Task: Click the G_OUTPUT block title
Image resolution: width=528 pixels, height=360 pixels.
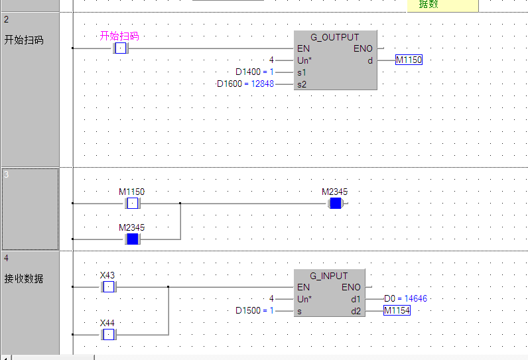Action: point(334,37)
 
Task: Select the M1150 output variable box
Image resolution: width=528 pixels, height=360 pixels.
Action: point(409,60)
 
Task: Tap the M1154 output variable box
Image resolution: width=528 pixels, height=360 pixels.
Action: point(397,310)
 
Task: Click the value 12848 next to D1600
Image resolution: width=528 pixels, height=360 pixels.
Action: point(262,84)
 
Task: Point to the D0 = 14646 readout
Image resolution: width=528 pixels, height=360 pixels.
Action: point(405,299)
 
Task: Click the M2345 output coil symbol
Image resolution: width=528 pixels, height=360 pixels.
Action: point(335,203)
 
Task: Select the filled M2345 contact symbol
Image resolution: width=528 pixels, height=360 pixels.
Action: point(132,239)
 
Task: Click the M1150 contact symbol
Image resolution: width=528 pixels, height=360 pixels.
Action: point(132,203)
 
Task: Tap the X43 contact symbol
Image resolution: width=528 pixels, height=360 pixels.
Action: point(107,287)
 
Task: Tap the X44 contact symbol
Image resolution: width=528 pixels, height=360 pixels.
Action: point(107,335)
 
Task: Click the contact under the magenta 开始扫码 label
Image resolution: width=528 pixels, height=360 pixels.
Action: point(120,48)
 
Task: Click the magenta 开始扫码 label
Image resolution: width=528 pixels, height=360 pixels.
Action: point(119,36)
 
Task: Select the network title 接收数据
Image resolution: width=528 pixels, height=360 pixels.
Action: point(24,279)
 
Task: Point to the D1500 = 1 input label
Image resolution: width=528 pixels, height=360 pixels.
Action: point(255,310)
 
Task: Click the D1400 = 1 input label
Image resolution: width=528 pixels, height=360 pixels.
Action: point(255,72)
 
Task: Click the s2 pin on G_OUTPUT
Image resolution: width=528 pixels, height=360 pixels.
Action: point(302,84)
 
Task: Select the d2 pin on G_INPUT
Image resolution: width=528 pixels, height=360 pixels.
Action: point(356,310)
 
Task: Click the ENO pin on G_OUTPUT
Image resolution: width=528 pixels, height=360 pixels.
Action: point(363,48)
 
